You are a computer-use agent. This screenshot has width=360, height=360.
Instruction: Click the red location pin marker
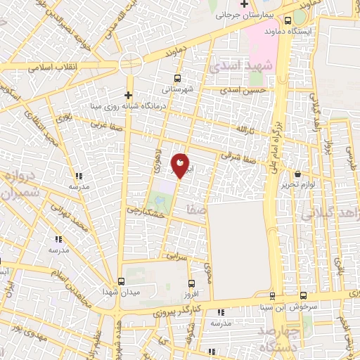pos(180,165)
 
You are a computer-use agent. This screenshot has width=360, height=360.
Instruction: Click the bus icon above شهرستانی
pos(176,78)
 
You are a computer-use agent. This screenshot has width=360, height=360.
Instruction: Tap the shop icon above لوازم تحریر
pos(298,174)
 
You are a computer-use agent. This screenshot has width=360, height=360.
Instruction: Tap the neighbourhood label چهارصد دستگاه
pos(280,338)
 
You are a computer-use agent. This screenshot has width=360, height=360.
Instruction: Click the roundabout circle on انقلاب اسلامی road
pos(131,64)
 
